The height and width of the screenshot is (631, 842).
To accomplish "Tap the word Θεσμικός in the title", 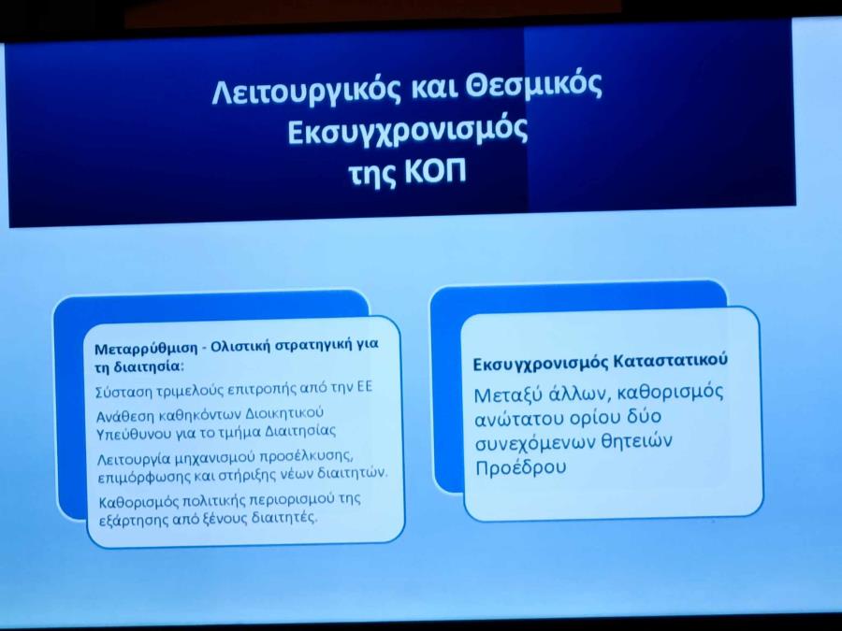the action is coord(533,87).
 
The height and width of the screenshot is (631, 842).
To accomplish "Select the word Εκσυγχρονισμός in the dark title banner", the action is coord(408,131).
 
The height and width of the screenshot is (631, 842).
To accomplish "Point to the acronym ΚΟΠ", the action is coord(434,172).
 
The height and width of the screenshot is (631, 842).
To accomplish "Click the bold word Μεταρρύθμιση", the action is coord(146,349).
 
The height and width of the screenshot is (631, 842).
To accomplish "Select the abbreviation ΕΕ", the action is coord(364,387).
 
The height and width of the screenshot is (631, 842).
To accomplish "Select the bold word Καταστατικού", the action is coord(671,360).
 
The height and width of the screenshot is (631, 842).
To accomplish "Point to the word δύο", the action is coord(642,416).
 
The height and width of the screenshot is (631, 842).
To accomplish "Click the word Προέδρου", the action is coord(521,467).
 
